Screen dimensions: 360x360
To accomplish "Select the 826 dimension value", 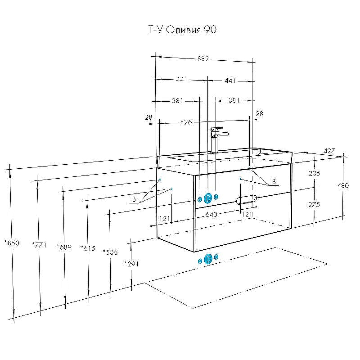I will tap(186, 122).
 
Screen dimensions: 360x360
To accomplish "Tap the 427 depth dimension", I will tap(328, 151).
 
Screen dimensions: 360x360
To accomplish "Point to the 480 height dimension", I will tap(346, 185).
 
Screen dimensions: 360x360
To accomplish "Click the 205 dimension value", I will tap(314, 174).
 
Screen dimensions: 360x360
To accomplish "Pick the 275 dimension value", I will tap(314, 204).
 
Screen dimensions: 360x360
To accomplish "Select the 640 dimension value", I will tap(211, 215).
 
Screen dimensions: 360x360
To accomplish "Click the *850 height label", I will tap(12, 243).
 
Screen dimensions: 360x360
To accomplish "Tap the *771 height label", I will tap(39, 244).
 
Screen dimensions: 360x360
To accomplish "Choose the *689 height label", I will tap(64, 246).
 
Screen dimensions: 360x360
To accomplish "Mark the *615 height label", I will tap(87, 248).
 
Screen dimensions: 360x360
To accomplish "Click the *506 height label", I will tap(110, 252).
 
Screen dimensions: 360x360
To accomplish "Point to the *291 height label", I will tap(131, 263).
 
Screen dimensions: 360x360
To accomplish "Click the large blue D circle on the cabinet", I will tap(208, 198).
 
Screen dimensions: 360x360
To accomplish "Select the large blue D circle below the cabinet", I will tap(208, 259).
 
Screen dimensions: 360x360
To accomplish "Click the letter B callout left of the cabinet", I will tap(134, 198).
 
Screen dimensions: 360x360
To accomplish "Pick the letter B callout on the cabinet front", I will tap(274, 183).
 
